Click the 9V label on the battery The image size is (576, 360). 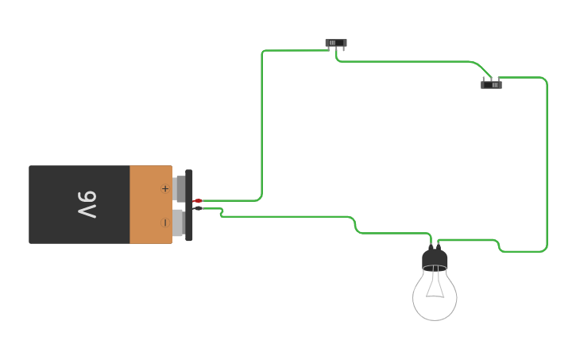[x=87, y=204]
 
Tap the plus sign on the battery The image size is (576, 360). [x=165, y=188]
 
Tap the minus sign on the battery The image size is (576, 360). [x=165, y=223]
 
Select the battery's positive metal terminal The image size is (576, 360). [x=180, y=188]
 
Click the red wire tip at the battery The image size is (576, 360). [x=198, y=200]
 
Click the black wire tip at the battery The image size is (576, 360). [x=198, y=208]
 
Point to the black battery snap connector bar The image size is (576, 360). [x=189, y=205]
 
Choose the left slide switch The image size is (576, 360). [x=336, y=43]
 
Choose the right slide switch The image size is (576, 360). [x=491, y=84]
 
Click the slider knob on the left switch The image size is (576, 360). [x=333, y=43]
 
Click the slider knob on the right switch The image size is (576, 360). [x=494, y=84]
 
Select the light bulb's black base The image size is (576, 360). [x=435, y=260]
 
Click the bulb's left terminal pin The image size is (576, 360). [x=431, y=246]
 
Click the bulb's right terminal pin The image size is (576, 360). [x=439, y=246]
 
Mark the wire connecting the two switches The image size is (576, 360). [x=405, y=61]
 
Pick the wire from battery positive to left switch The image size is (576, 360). [x=261, y=119]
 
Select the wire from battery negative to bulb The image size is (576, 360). [x=286, y=216]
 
